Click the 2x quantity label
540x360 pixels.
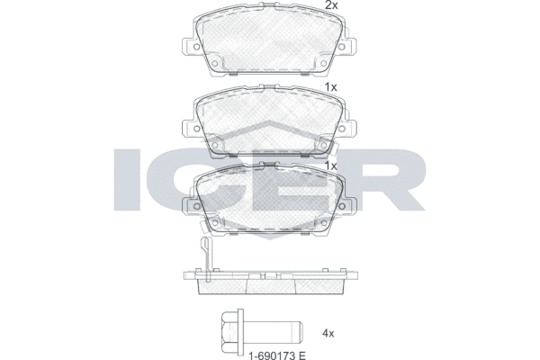332,5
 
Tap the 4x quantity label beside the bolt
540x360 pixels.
328,334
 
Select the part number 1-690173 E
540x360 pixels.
277,355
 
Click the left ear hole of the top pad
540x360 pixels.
196,47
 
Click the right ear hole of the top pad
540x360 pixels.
342,47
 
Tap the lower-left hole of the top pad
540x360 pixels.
214,63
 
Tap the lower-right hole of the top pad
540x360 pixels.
323,63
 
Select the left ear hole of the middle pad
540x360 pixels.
196,129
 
